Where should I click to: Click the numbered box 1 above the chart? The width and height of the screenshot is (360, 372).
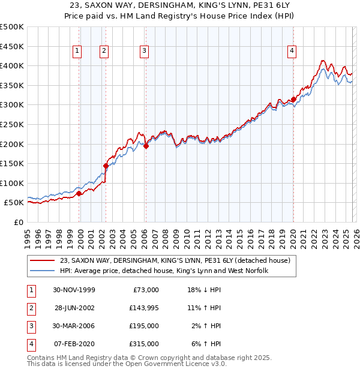pyautogui.click(x=77, y=52)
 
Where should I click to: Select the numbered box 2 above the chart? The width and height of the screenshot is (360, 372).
pyautogui.click(x=104, y=52)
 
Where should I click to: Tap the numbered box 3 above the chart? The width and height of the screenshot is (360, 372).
pyautogui.click(x=145, y=52)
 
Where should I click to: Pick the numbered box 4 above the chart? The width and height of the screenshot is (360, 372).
pyautogui.click(x=292, y=52)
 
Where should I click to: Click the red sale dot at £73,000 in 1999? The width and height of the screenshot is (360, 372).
pyautogui.click(x=79, y=193)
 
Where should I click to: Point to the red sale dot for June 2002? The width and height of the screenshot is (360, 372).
pyautogui.click(x=106, y=166)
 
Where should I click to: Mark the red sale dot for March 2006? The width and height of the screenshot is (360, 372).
pyautogui.click(x=146, y=145)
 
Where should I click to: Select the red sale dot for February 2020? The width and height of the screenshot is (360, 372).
pyautogui.click(x=293, y=99)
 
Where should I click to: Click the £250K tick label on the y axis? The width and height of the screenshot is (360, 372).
pyautogui.click(x=12, y=124)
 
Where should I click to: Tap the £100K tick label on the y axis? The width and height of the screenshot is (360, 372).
pyautogui.click(x=12, y=183)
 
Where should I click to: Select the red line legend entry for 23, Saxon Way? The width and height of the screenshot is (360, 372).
pyautogui.click(x=175, y=260)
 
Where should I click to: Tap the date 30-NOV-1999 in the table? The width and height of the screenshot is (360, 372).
pyautogui.click(x=74, y=290)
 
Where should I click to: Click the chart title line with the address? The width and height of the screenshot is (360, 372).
pyautogui.click(x=179, y=5)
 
